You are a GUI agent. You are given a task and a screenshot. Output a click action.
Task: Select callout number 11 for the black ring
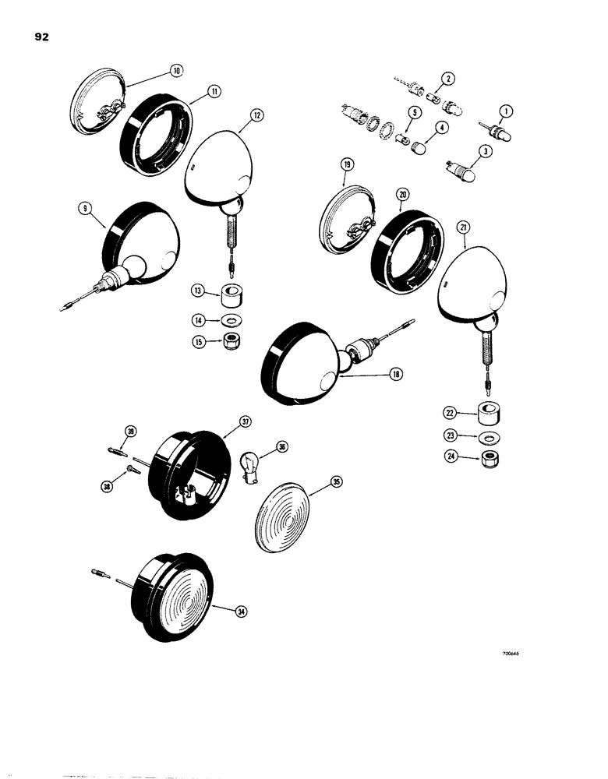[212, 91]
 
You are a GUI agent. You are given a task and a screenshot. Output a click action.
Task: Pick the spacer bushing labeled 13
[230, 297]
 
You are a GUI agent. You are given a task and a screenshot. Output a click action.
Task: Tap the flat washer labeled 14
[230, 320]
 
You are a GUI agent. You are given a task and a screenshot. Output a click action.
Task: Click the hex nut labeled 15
[231, 340]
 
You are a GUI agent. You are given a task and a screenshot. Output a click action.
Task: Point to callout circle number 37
[246, 421]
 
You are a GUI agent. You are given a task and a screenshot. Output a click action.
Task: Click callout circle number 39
[131, 433]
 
